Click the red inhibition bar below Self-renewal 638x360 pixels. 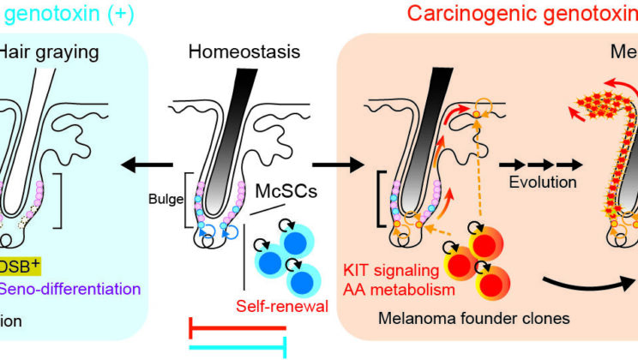236,327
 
